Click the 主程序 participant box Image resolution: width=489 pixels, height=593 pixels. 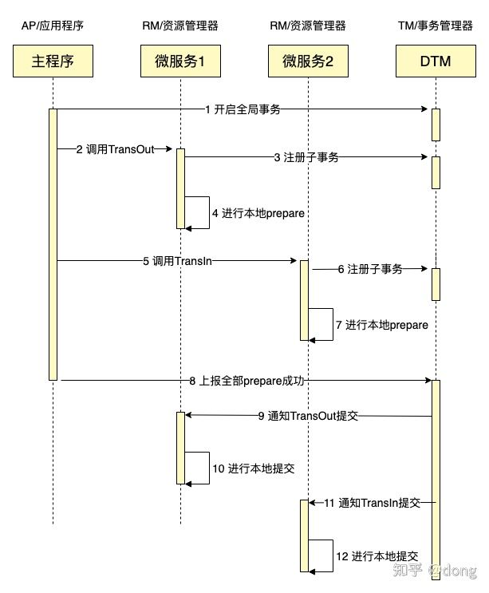(x=53, y=61)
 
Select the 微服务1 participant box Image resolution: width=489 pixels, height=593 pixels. (x=180, y=61)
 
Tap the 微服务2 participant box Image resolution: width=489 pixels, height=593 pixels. (x=308, y=61)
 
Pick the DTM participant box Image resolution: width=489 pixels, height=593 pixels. (x=436, y=61)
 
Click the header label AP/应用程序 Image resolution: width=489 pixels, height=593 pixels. (x=53, y=26)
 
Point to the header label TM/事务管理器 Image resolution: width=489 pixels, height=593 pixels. (x=436, y=26)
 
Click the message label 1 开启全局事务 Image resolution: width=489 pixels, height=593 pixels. (x=243, y=109)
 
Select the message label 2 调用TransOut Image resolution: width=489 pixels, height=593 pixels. (x=115, y=149)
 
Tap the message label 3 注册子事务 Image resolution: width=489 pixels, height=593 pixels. (x=306, y=157)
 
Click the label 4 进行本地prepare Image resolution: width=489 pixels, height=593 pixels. (x=258, y=213)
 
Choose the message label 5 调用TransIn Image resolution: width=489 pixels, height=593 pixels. (x=177, y=261)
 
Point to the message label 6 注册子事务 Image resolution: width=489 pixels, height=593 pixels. (x=370, y=269)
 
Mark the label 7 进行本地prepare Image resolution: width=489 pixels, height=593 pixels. (x=382, y=325)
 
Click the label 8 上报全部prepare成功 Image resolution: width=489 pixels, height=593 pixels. (x=246, y=381)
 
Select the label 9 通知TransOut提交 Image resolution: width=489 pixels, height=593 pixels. (x=308, y=416)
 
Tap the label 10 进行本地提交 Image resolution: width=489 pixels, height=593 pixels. (x=253, y=468)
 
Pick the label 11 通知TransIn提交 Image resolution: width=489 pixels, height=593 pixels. (x=373, y=503)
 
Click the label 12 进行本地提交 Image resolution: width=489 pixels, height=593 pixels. (x=377, y=556)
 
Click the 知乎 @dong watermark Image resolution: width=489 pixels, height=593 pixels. (x=435, y=570)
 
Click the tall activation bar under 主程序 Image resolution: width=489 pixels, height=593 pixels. (x=53, y=244)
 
